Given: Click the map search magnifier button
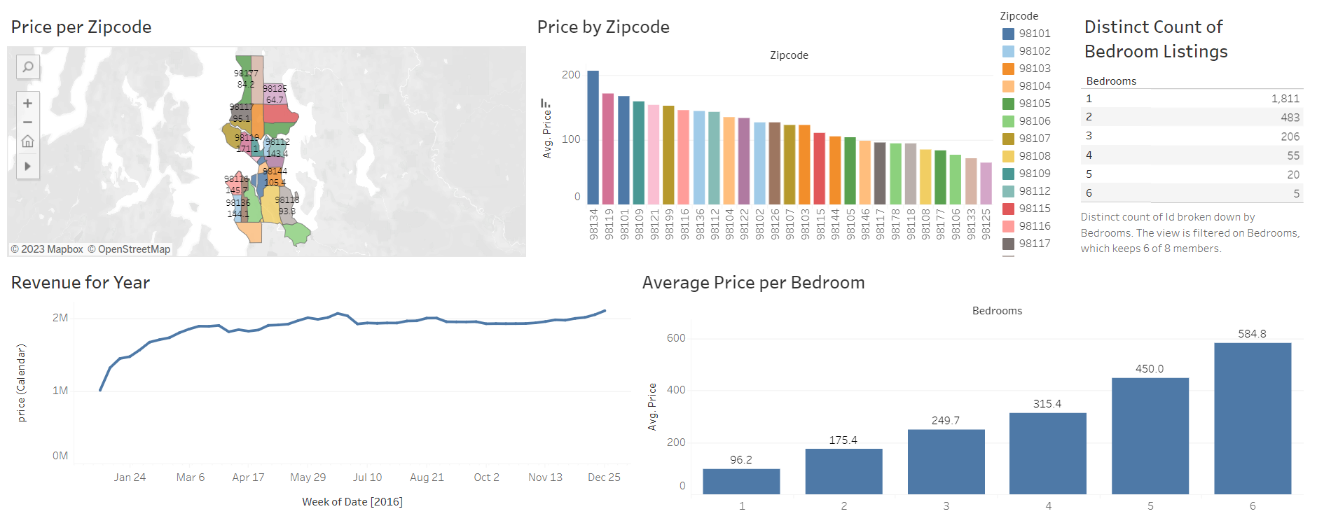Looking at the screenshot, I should (x=27, y=67).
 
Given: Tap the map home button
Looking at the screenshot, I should (x=27, y=141).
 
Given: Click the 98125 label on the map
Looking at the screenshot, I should (x=275, y=88).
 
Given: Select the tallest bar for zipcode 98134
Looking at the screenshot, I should (x=593, y=137).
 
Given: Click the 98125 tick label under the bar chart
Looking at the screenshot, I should (x=986, y=224).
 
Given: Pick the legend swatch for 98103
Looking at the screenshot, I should (x=1008, y=69).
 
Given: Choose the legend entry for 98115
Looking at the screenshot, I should (x=1034, y=209).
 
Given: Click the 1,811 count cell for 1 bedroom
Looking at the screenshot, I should (x=1285, y=99).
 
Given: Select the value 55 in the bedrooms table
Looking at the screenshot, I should (x=1292, y=155).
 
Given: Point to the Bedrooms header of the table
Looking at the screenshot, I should (x=1111, y=81).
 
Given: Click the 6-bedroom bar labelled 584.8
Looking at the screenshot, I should (x=1252, y=418).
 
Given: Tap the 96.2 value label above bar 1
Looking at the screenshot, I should (x=740, y=460).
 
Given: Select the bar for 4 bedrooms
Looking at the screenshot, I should (x=1047, y=453).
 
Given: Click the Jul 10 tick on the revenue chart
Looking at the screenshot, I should (x=367, y=477).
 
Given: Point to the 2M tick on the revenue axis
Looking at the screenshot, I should (x=60, y=318).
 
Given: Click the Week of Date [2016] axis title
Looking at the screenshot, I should (x=352, y=502).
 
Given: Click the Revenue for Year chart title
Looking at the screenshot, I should (x=81, y=283).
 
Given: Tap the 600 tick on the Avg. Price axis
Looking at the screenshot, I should (x=676, y=338).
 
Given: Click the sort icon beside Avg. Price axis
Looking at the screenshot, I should (x=545, y=103).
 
